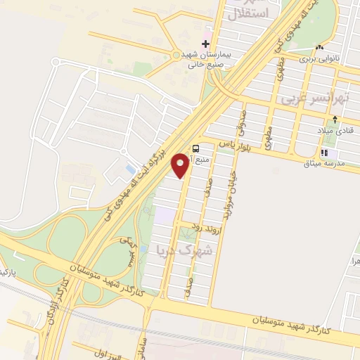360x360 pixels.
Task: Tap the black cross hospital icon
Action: (x=205, y=44)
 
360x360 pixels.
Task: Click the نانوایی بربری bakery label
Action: (x=321, y=60)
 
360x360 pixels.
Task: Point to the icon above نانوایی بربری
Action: (x=321, y=48)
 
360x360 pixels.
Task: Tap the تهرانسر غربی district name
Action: (x=314, y=101)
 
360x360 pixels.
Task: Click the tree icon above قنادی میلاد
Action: (x=336, y=117)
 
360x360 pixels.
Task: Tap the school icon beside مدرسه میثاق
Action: (x=323, y=153)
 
